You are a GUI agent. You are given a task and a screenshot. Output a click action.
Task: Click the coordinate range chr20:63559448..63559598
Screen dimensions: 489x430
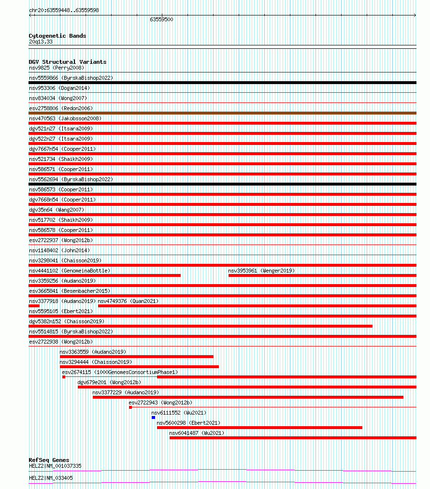pos(64,10)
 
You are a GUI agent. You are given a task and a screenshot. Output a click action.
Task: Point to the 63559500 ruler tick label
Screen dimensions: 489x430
pos(161,19)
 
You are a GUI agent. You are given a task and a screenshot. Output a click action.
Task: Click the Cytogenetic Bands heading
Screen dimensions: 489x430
pos(57,36)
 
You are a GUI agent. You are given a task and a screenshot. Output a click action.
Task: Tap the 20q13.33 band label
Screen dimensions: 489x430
pos(41,42)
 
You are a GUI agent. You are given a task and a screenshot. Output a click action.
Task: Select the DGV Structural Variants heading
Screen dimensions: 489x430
pos(68,62)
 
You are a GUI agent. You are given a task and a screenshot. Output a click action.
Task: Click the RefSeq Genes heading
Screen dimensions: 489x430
pos(49,460)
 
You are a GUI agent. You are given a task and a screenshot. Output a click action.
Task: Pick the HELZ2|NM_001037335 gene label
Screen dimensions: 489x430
pos(55,466)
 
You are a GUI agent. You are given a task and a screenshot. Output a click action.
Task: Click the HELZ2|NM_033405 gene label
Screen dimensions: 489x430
pos(51,478)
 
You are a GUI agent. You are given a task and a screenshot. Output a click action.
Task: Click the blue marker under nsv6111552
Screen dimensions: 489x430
pos(153,417)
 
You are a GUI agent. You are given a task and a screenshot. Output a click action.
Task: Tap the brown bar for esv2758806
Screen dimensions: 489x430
pos(222,113)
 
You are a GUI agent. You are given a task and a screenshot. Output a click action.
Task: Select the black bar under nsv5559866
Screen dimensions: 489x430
pos(222,83)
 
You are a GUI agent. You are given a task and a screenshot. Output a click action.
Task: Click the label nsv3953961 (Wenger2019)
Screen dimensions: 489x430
pos(261,271)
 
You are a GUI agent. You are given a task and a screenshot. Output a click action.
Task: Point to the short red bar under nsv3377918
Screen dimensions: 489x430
pos(34,306)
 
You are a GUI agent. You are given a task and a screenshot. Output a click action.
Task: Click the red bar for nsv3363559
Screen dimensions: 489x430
pos(136,357)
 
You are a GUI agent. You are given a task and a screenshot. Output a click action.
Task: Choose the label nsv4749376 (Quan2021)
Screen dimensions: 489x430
pos(128,301)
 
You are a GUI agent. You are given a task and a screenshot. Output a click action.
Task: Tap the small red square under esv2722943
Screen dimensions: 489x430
pos(130,407)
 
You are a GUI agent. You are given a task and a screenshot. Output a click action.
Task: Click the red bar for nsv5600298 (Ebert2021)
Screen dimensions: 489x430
pos(259,428)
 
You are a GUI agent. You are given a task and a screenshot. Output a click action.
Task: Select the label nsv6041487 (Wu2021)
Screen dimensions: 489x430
pos(197,433)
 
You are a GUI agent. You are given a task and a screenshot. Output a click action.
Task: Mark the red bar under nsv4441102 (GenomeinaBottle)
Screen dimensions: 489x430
pos(104,275)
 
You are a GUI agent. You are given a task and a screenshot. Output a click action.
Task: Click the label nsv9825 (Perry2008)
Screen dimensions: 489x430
pos(56,68)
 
